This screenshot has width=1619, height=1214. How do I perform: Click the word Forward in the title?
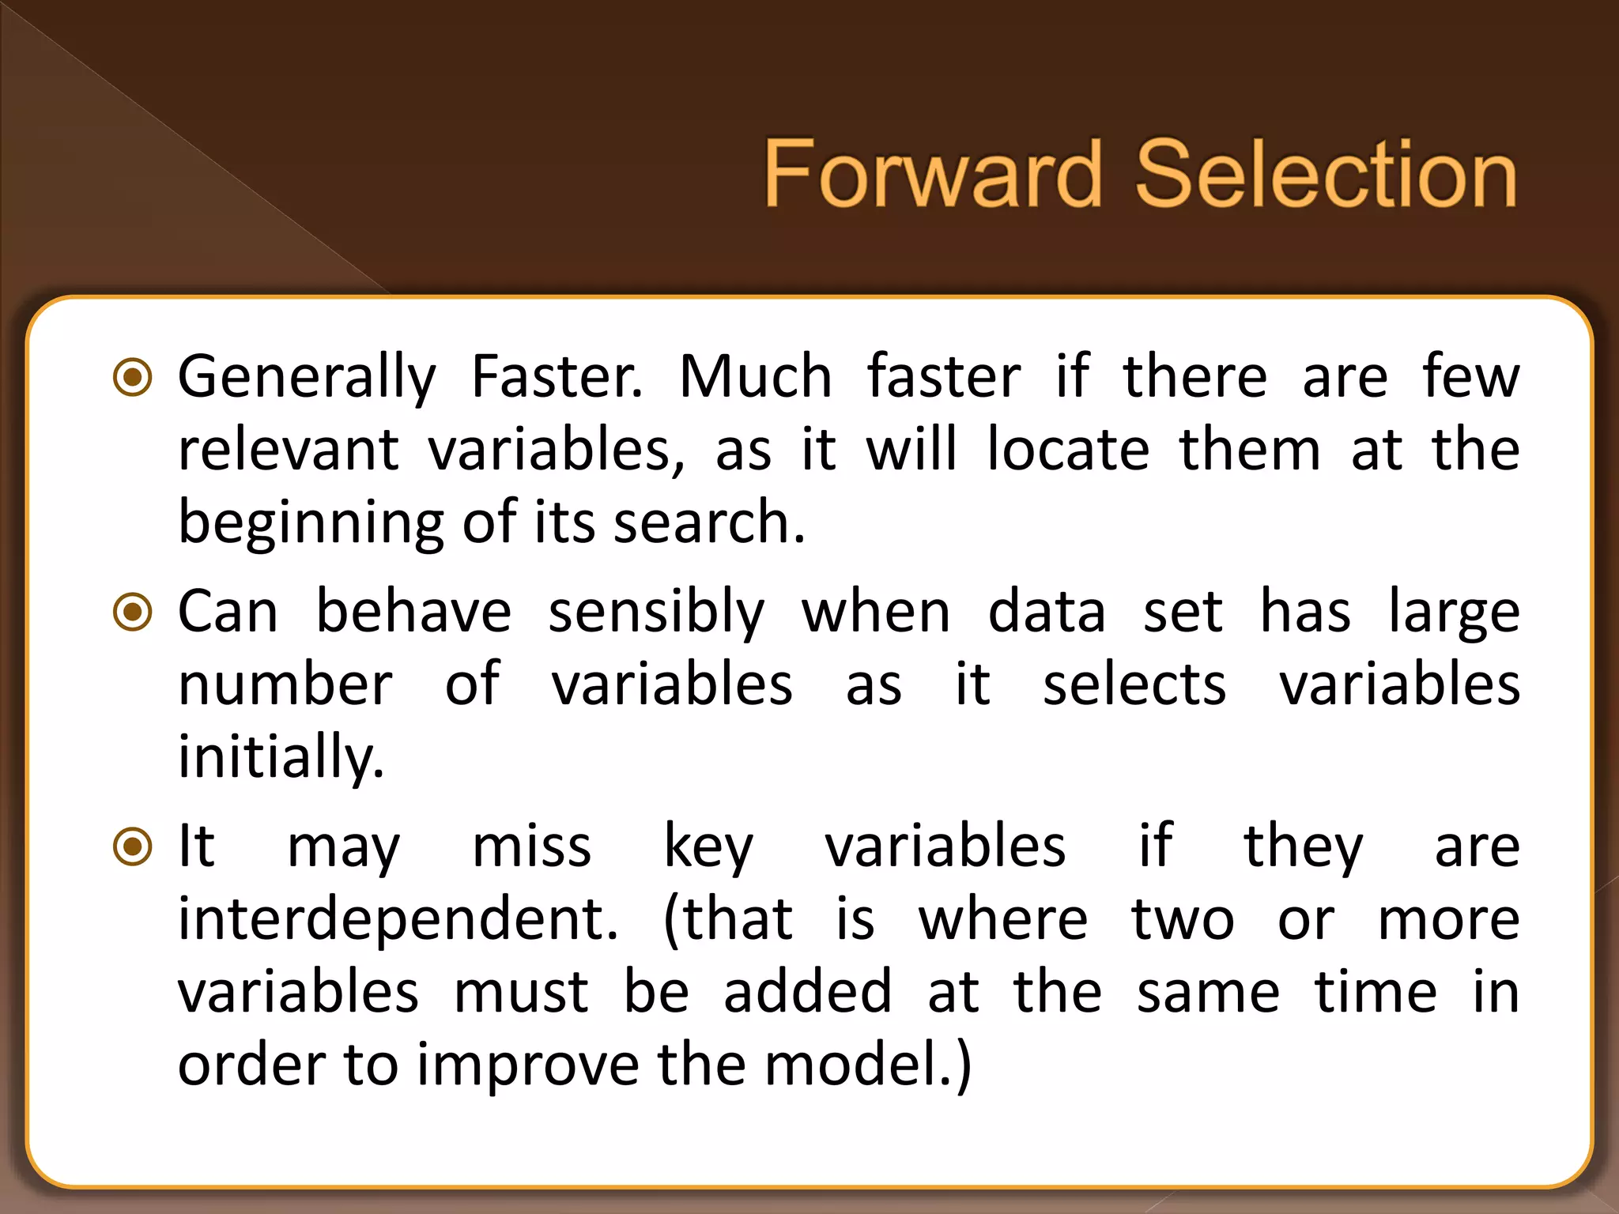931,173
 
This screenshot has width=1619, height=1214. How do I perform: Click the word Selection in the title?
1326,173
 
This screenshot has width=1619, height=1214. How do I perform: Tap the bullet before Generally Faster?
133,377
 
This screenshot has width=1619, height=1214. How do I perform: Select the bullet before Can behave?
133,612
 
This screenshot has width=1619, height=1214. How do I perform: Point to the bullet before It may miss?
133,846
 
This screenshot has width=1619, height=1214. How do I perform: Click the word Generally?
307,379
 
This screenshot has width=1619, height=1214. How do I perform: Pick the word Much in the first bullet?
755,377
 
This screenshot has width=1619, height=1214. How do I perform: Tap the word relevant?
289,450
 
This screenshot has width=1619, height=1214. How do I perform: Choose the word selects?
1134,684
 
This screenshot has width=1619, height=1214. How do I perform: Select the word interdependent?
398,919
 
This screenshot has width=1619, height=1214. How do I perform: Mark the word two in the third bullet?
1182,921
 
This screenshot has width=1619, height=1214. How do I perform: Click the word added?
807,992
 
